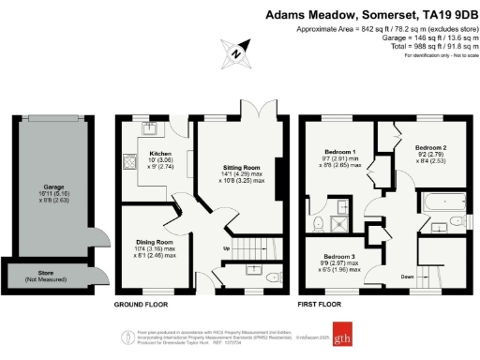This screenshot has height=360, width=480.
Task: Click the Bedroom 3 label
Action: coord(338,256)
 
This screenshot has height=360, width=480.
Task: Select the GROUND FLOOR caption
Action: coord(141,305)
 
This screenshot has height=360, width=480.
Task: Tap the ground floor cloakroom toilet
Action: coord(270,277)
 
